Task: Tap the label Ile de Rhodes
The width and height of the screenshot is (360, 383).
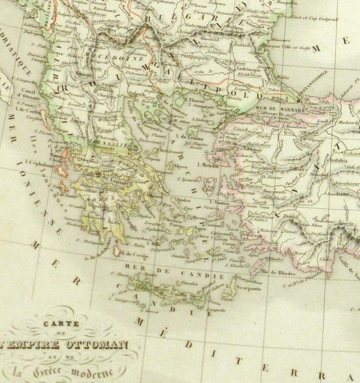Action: pos(279,273)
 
